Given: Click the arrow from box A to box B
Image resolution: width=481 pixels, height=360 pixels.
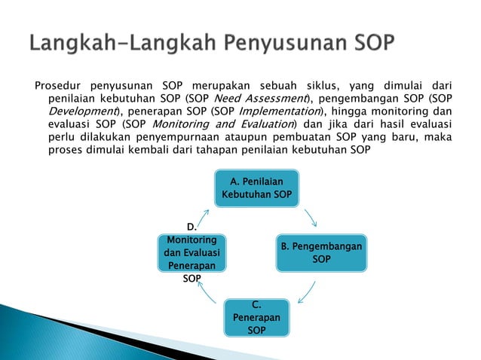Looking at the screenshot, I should (311, 218).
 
